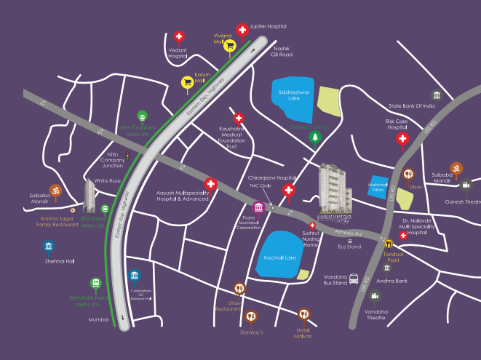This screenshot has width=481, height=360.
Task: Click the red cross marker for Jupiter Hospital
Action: click(x=242, y=30)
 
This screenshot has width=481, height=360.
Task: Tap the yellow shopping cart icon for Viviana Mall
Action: click(x=230, y=45)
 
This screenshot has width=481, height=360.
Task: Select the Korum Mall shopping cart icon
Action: click(x=187, y=82)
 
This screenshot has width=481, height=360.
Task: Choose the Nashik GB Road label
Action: click(x=281, y=50)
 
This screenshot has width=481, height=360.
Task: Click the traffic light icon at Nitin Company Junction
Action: click(x=127, y=155)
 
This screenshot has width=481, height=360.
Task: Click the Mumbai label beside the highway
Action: click(x=98, y=319)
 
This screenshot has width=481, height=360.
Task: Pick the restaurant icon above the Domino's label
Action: click(x=251, y=316)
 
